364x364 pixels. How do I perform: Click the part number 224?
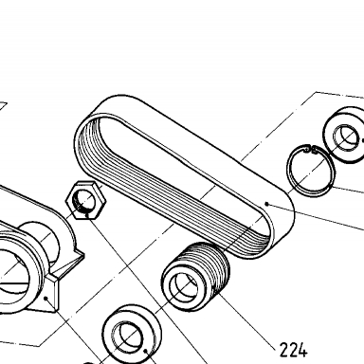tap(294, 350)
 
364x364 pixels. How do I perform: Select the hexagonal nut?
tap(86, 200)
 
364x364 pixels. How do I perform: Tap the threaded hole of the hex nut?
tap(83, 200)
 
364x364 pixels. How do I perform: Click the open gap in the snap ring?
tap(310, 149)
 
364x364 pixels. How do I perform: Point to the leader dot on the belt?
tap(267, 204)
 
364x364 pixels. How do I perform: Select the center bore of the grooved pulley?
tap(184, 288)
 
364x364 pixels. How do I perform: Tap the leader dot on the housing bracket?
tap(46, 298)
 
